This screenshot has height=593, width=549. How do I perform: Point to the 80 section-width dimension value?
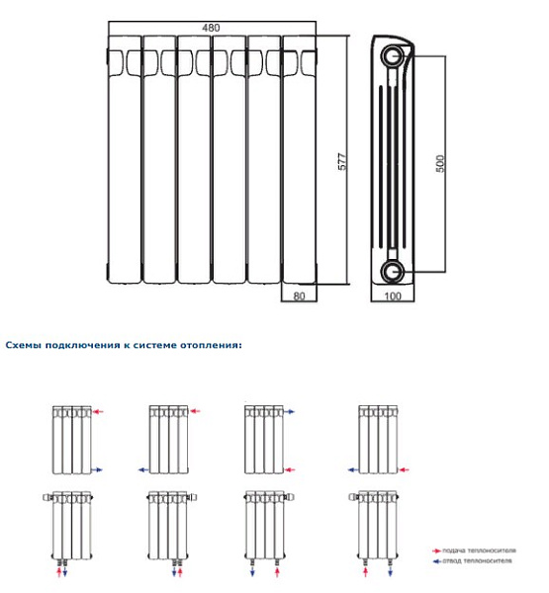click(300, 295)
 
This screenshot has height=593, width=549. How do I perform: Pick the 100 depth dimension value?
click(393, 295)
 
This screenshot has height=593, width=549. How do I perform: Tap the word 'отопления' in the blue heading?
click(209, 346)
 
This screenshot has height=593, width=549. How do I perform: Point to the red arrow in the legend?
click(436, 550)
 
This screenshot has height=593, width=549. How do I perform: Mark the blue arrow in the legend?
click(436, 560)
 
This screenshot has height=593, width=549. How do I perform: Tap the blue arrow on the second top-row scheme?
click(142, 469)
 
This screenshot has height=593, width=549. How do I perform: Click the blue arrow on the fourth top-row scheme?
click(353, 469)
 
